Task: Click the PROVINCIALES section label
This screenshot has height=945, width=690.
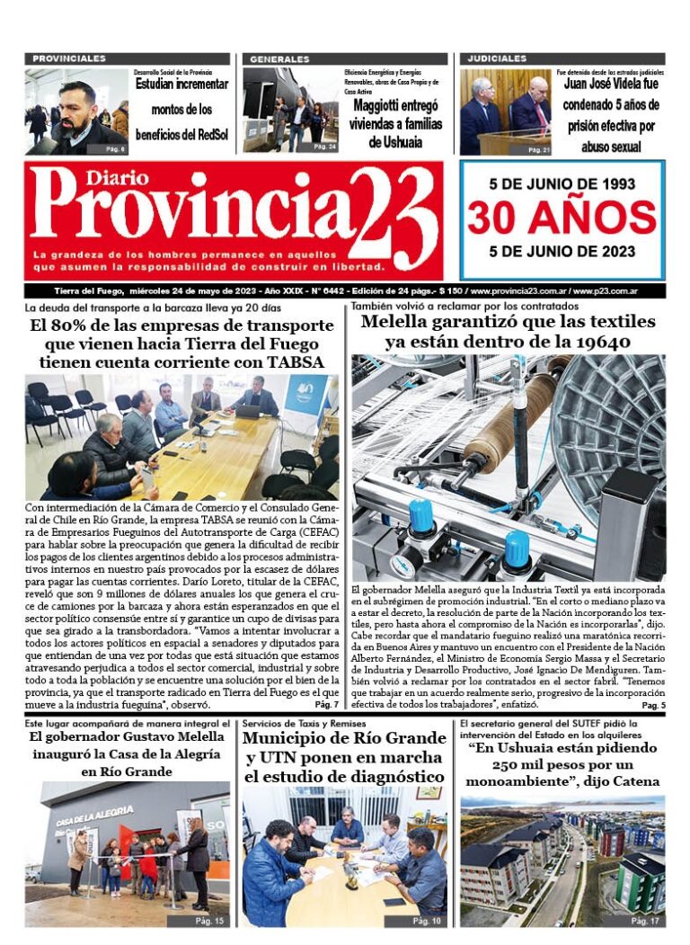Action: pos(68,58)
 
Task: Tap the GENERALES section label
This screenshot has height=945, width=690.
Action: pos(279,58)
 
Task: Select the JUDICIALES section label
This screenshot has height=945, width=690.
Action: pos(496,58)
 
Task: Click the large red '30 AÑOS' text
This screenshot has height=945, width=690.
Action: pos(562,217)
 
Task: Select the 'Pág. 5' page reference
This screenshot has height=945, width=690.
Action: pos(653,706)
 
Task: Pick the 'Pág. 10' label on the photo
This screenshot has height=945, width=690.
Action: pos(426,921)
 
